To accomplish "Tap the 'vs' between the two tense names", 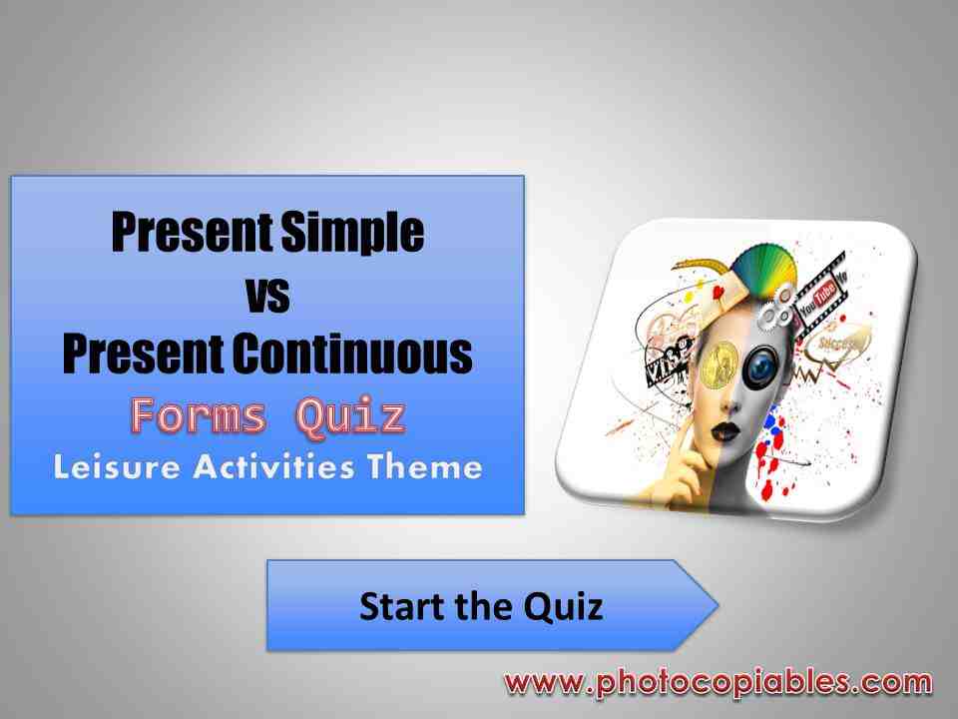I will [267, 294].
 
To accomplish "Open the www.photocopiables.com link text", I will [718, 683].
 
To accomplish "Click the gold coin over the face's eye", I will [717, 367].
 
